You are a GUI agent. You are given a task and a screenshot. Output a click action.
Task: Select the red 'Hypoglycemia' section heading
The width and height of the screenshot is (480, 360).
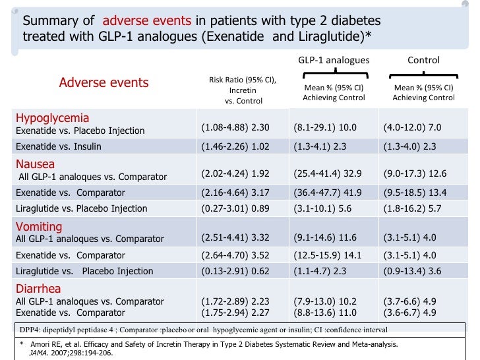tap(52, 118)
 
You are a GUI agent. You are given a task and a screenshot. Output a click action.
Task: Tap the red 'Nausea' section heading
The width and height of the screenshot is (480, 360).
tap(35, 164)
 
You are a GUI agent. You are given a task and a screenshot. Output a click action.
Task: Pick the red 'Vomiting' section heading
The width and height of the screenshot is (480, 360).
tap(38, 227)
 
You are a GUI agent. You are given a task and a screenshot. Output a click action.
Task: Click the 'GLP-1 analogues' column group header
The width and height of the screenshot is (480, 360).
tap(334, 61)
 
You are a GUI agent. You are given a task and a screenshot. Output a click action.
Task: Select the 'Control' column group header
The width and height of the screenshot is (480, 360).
tap(423, 61)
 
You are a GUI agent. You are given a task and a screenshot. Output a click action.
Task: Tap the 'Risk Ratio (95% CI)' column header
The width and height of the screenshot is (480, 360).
tap(243, 80)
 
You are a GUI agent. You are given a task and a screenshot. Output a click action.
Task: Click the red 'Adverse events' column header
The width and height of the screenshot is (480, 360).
tap(104, 82)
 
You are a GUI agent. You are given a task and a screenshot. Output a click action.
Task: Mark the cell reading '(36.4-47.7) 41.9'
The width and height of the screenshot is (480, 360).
tap(328, 193)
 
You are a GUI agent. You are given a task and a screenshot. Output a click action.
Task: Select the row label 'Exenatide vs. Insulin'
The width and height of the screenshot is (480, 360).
tap(59, 146)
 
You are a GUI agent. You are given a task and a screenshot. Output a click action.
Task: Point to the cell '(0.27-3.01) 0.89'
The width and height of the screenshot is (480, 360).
tap(235, 208)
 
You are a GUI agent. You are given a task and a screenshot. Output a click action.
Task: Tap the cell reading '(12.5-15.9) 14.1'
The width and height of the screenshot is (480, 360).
tap(328, 255)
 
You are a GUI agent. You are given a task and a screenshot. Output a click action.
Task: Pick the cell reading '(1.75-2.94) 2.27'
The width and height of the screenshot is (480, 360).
tap(235, 313)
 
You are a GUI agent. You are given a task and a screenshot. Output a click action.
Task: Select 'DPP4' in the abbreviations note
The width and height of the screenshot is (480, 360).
tap(28, 329)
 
